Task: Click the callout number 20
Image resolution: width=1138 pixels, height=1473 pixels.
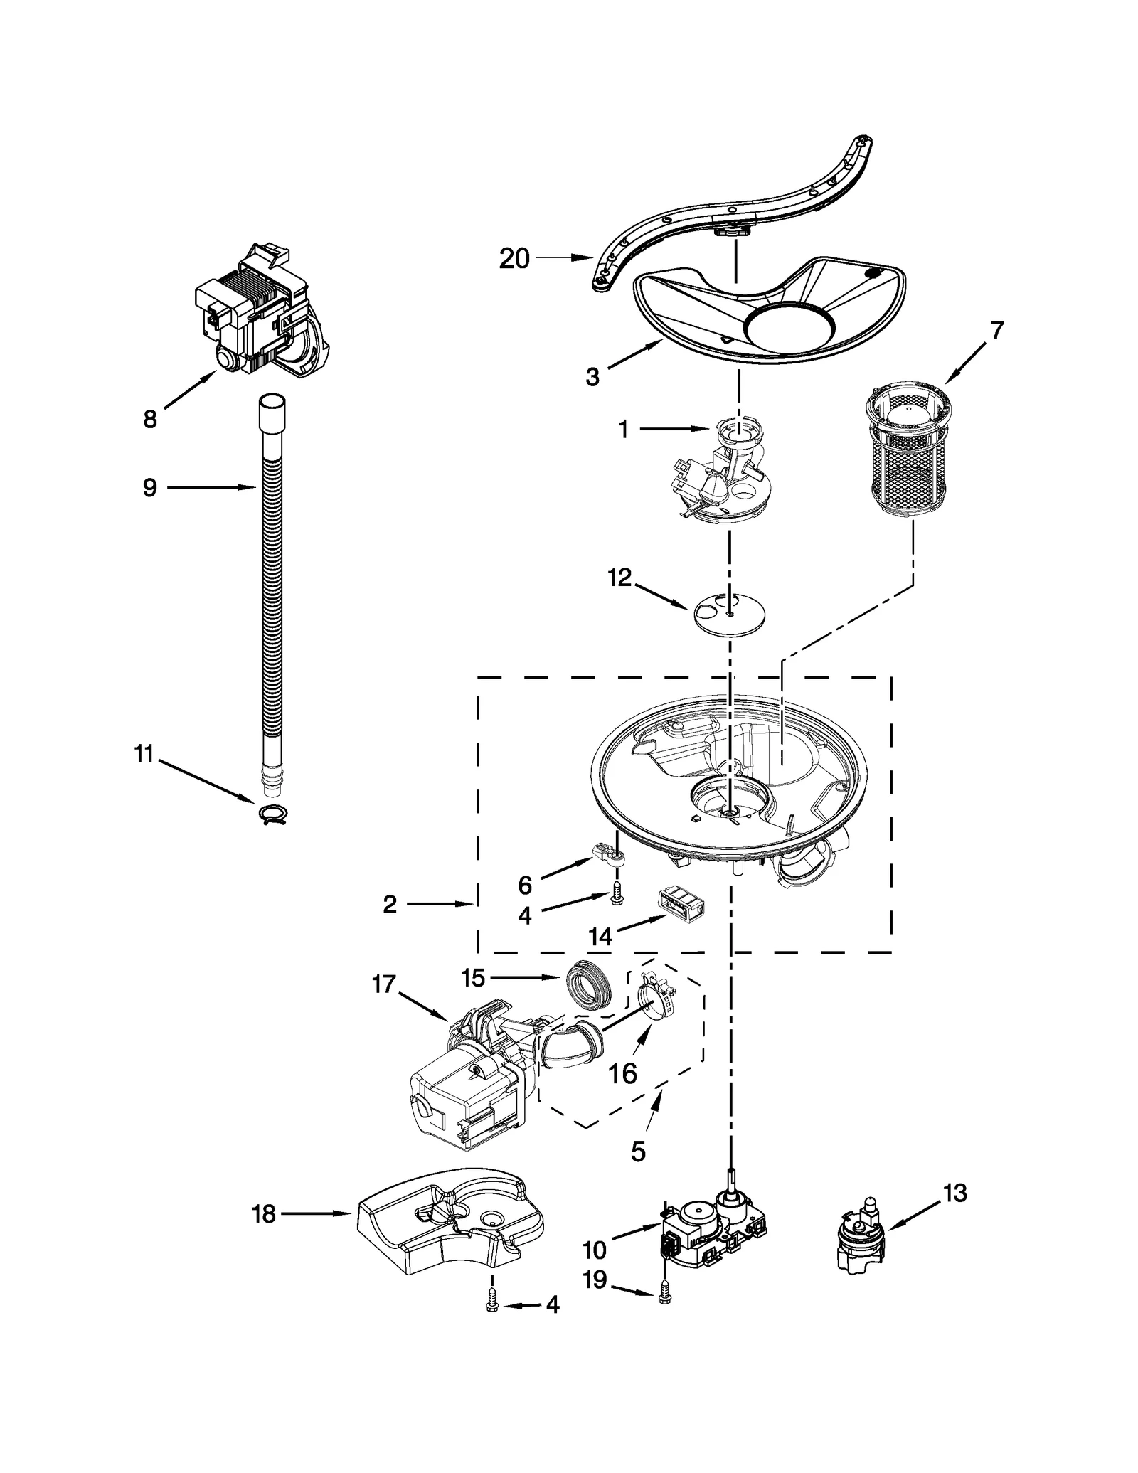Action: coord(514,259)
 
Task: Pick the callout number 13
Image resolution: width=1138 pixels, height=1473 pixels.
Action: coord(955,1193)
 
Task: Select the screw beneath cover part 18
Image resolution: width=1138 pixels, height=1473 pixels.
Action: coord(491,1300)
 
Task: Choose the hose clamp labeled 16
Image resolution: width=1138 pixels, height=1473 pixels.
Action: coord(655,1001)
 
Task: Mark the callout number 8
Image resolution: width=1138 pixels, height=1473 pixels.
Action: coord(150,419)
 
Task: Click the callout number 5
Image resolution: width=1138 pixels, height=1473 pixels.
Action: coord(638,1151)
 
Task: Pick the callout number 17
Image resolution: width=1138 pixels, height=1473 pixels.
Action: coord(384,984)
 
